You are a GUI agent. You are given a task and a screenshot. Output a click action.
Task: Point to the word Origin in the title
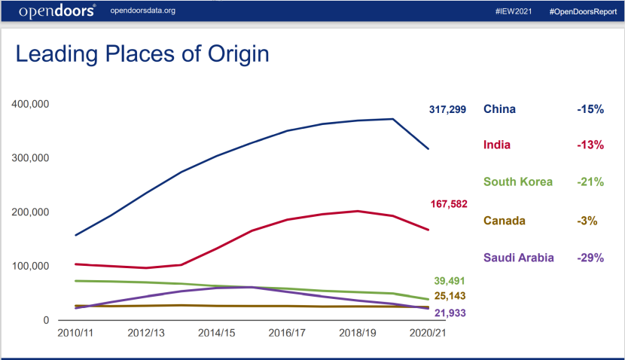[229, 54]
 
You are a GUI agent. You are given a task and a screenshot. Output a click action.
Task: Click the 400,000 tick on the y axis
[31, 103]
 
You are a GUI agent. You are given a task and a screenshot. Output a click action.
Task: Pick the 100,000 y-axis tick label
[31, 266]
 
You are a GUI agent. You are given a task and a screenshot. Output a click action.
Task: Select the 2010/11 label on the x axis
[76, 332]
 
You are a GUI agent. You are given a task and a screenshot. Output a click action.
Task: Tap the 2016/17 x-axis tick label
[286, 332]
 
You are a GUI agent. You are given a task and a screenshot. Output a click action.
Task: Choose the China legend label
[499, 109]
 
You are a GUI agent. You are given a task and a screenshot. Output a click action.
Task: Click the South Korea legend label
[518, 182]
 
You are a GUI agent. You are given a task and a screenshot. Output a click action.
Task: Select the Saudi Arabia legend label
[519, 258]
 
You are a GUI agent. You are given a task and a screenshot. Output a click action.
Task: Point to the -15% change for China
[590, 109]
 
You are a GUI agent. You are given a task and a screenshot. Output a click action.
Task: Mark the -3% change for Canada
[587, 221]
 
